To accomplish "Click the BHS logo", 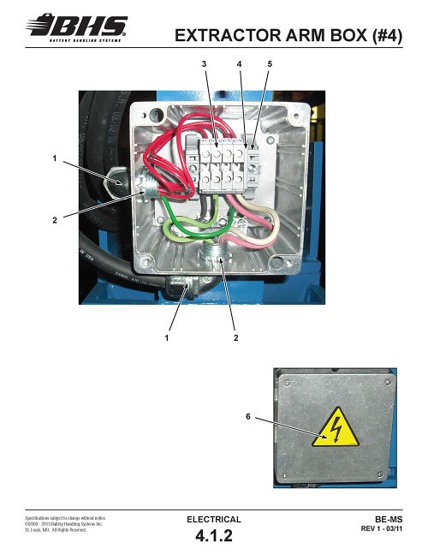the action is click(77, 27).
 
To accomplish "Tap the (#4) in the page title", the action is click(387, 36).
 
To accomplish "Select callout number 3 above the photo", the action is click(204, 64).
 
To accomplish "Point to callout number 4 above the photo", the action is click(240, 64).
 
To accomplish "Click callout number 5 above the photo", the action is click(270, 64).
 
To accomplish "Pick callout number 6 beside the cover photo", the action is click(248, 416).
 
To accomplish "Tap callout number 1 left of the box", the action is click(55, 158).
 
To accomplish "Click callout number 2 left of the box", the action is click(55, 220).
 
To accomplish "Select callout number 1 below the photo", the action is click(167, 337).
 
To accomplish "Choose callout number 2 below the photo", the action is click(236, 337).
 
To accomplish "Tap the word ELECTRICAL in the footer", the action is click(214, 520).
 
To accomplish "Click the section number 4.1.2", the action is click(214, 536).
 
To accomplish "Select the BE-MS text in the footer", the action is click(389, 520).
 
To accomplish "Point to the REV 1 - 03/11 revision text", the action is click(382, 529).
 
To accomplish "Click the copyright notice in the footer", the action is click(64, 524).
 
